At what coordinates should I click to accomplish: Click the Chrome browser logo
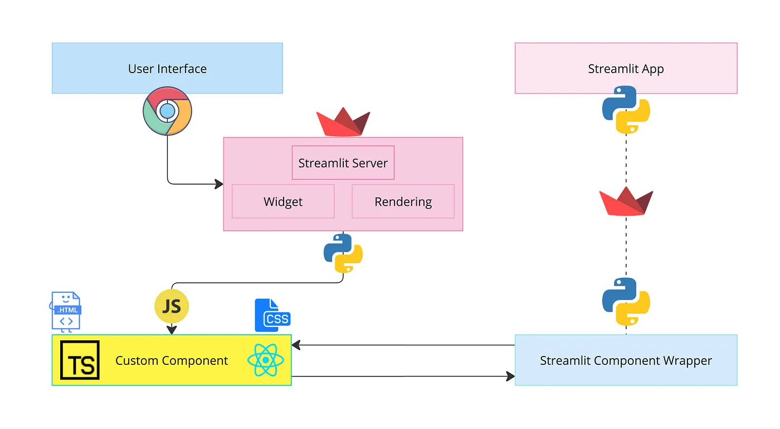[x=168, y=111]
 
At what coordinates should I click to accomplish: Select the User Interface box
[x=168, y=69]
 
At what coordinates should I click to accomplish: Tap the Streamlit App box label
[x=626, y=69]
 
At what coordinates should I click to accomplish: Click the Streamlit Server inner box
[x=343, y=162]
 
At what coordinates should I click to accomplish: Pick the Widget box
[x=283, y=201]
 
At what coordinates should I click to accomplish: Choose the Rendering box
[x=403, y=201]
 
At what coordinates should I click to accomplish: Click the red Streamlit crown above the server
[x=343, y=122]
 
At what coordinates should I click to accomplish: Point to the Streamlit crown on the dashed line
[x=626, y=201]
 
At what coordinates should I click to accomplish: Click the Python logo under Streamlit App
[x=626, y=110]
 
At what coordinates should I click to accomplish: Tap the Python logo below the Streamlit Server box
[x=343, y=253]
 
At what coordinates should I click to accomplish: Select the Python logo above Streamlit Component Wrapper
[x=626, y=302]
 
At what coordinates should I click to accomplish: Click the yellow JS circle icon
[x=172, y=306]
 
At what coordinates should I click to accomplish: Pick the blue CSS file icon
[x=272, y=315]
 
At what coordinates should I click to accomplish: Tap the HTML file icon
[x=66, y=311]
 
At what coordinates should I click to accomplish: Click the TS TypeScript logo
[x=80, y=360]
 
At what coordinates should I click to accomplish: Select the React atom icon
[x=266, y=360]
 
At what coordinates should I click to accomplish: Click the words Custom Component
[x=172, y=360]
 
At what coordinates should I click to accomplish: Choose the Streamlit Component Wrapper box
[x=626, y=360]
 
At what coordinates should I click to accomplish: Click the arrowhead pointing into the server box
[x=219, y=184]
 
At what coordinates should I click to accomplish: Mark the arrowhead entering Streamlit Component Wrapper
[x=510, y=377]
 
